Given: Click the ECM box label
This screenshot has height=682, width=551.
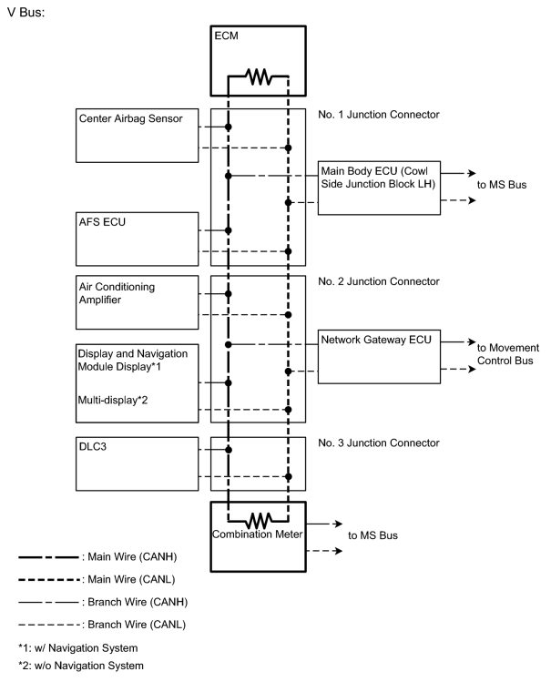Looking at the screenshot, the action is click(226, 36).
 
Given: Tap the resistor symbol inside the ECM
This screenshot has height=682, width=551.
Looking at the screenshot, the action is click(259, 76).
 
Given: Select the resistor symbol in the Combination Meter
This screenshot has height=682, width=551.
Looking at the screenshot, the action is click(260, 520).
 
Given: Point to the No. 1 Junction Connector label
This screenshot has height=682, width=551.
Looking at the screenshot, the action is click(378, 115).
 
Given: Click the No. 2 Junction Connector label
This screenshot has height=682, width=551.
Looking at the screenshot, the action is click(378, 281).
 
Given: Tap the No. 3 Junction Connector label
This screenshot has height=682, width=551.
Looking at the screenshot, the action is click(378, 443).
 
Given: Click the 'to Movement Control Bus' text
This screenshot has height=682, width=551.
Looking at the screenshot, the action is click(508, 354).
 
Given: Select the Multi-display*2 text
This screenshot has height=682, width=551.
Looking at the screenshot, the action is click(113, 400).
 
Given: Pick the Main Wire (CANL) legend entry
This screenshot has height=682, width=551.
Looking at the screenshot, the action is click(97, 579).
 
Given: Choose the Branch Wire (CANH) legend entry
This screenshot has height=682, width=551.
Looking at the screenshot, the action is click(103, 602).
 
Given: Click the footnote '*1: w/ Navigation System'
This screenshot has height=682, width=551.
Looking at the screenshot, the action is click(77, 648).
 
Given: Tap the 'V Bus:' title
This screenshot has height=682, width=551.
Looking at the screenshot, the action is click(26, 12).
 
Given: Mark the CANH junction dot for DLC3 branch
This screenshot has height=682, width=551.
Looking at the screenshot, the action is click(229, 450).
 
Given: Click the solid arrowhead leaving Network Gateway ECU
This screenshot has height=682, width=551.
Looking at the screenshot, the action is click(472, 341).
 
